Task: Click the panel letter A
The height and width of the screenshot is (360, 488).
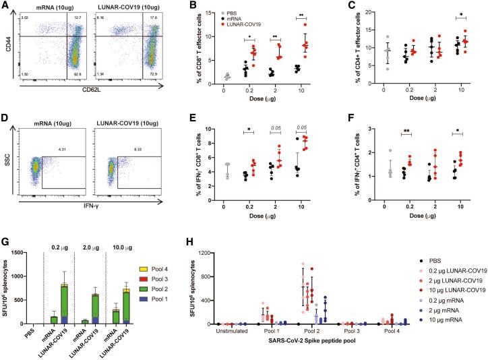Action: (5, 6)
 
